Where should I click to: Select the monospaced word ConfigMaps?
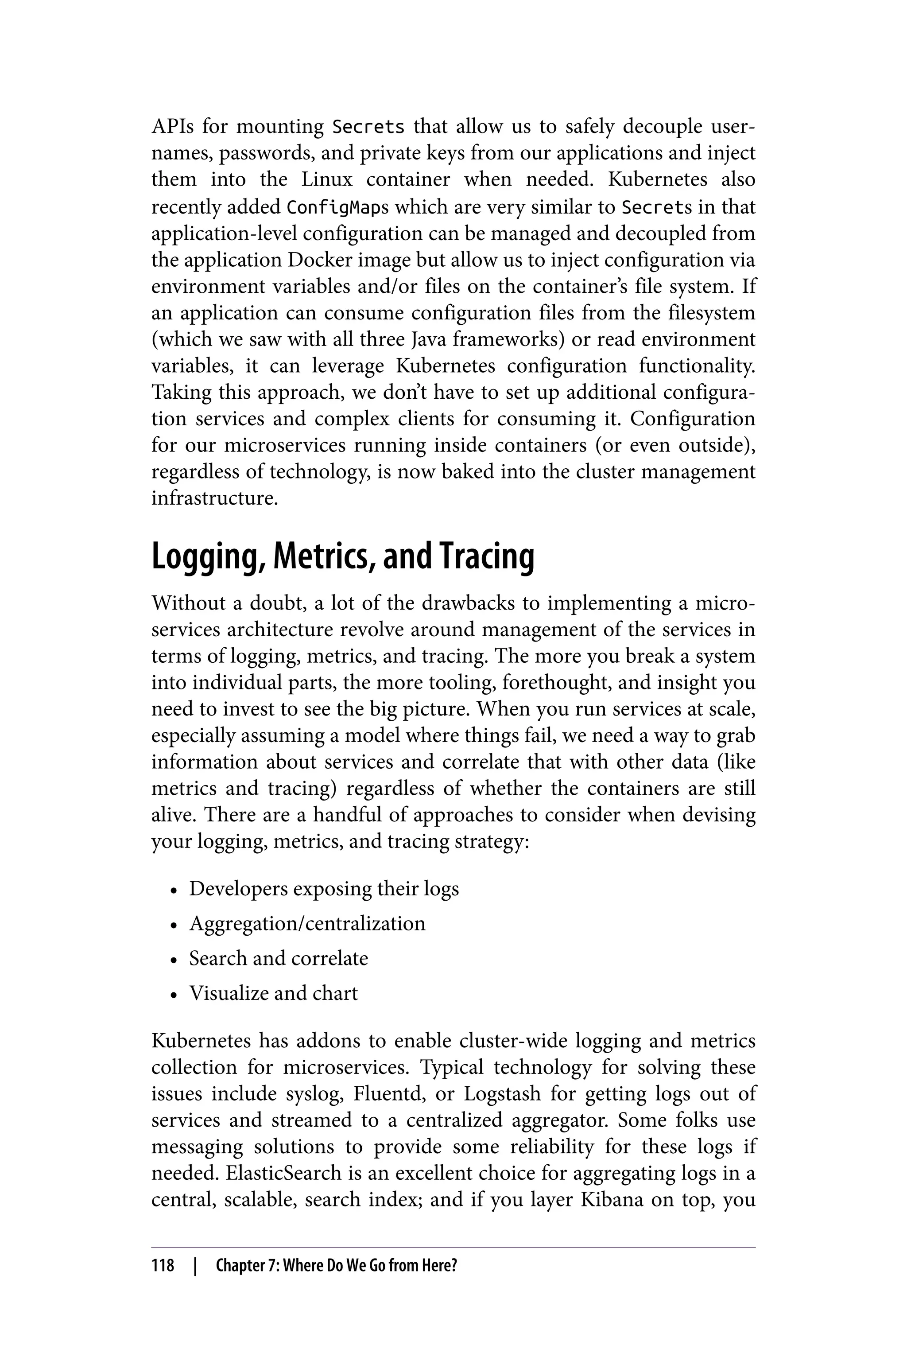point(338,207)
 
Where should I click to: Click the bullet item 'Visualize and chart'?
point(273,993)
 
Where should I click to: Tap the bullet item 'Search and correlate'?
point(278,958)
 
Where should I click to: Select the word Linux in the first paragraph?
point(327,180)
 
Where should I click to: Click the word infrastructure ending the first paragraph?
point(215,498)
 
